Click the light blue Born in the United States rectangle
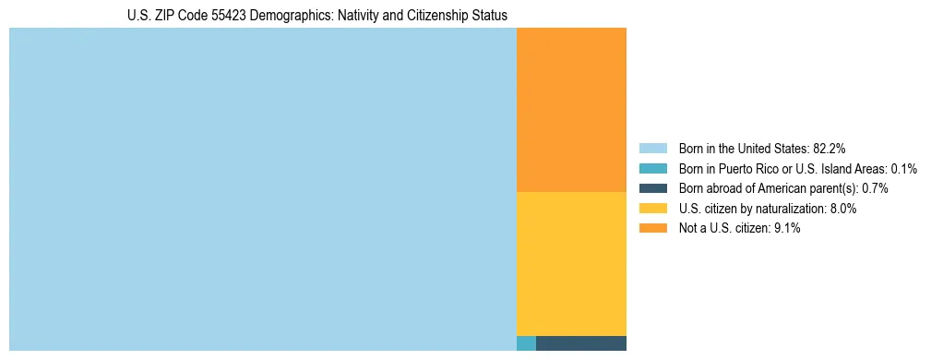[262, 189]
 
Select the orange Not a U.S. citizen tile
[571, 110]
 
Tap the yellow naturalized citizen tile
[571, 263]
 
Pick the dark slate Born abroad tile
[580, 343]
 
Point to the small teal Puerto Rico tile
[526, 343]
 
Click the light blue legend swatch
[652, 148]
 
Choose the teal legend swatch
[652, 168]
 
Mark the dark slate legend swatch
[652, 188]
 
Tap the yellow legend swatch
[652, 209]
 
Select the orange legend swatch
[652, 229]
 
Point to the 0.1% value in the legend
[904, 168]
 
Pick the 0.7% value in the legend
[875, 188]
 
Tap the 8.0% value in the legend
[841, 209]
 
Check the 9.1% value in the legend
[785, 229]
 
